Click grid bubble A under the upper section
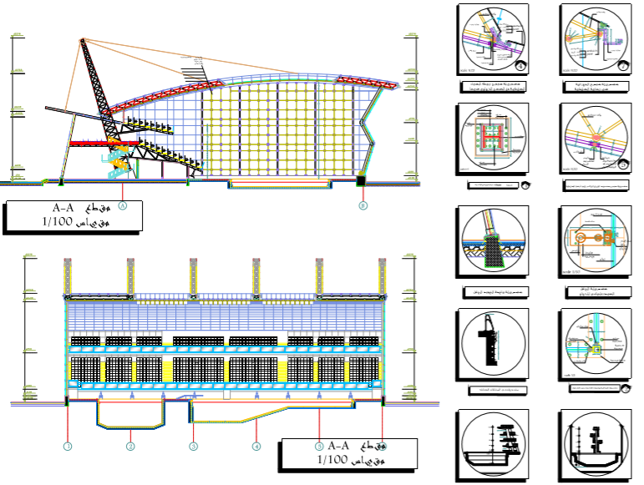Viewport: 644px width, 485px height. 122,204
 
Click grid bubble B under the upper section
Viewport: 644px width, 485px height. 363,205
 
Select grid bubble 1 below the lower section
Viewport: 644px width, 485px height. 68,447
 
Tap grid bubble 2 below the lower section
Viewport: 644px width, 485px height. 130,447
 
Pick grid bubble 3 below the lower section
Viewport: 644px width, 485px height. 193,447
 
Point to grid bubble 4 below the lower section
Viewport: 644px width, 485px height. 256,447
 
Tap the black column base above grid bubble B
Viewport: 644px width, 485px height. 361,179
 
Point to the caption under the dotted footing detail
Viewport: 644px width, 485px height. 494,292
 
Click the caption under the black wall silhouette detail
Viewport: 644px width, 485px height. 494,391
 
